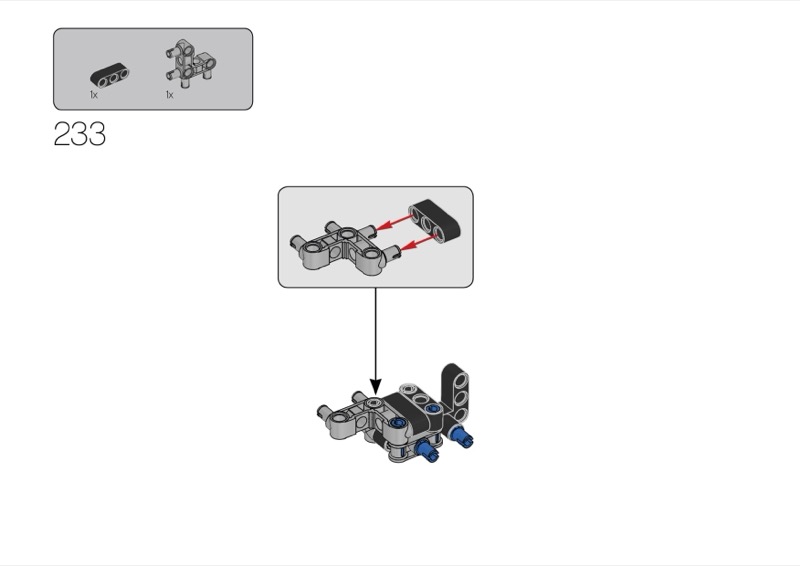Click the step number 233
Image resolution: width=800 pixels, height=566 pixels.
[79, 135]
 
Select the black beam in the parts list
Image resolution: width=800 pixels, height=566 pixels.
[110, 75]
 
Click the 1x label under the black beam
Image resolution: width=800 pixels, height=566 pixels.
[93, 95]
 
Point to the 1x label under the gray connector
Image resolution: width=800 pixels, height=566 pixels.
[169, 95]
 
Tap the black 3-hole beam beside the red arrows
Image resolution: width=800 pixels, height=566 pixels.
[438, 221]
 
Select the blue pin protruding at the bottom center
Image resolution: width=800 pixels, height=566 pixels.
[430, 454]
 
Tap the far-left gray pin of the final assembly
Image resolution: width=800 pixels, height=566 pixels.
[325, 410]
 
